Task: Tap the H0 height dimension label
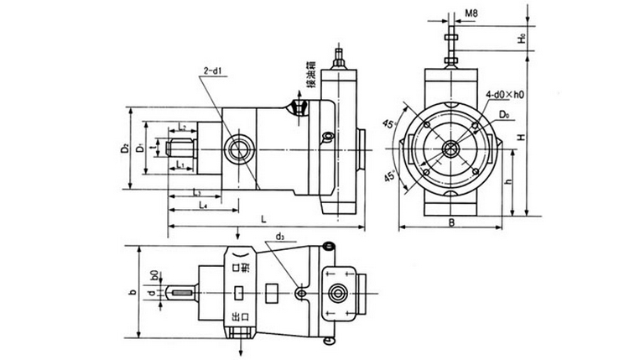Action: (x=521, y=39)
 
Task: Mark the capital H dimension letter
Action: (x=521, y=137)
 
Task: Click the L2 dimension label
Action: (x=182, y=128)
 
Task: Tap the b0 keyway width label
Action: (x=153, y=274)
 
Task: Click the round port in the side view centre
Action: (x=237, y=149)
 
